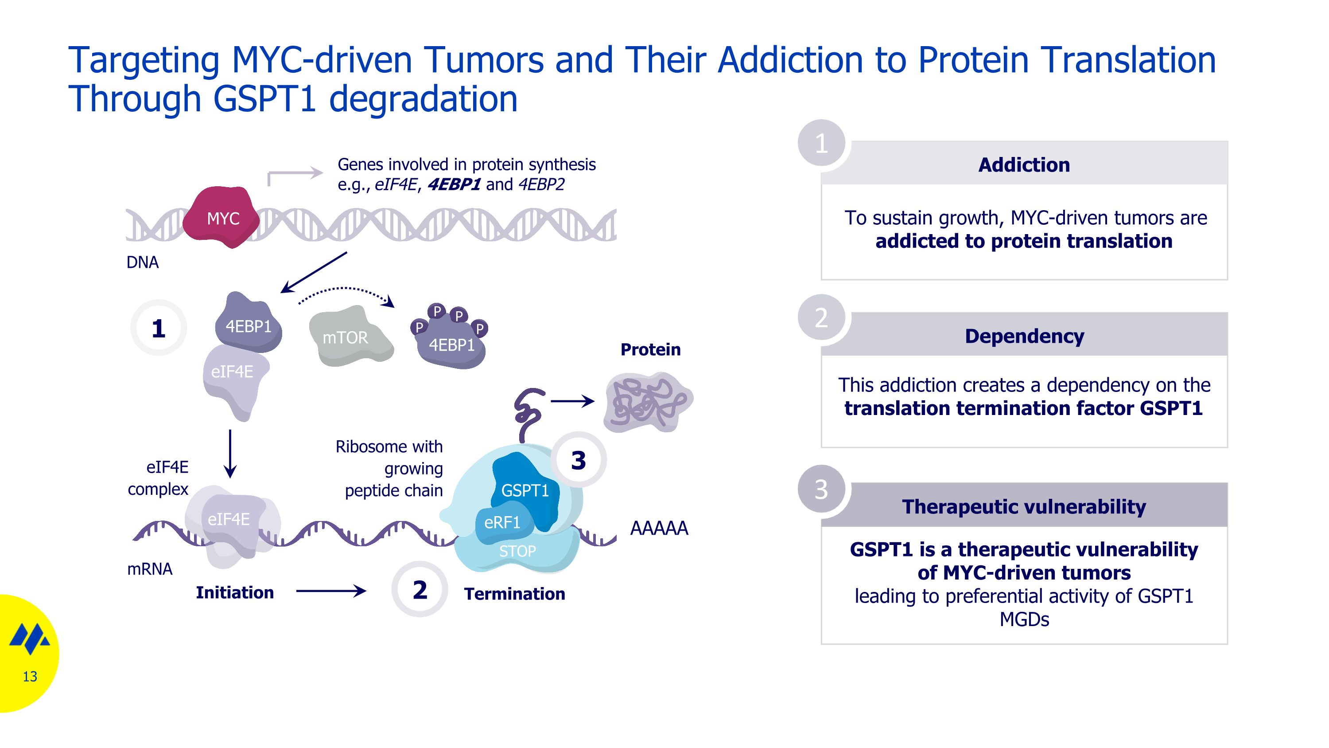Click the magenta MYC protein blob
(222, 218)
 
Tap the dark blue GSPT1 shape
(525, 488)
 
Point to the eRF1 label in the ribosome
(501, 523)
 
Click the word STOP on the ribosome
(517, 551)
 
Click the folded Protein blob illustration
(648, 403)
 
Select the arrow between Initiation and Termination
(331, 591)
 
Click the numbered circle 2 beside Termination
(420, 590)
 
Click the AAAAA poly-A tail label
(659, 528)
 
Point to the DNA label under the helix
(142, 262)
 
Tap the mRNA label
(150, 569)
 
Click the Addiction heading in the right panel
(1024, 164)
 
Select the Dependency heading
(1024, 336)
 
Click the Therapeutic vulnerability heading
(1024, 507)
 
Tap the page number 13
(30, 677)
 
